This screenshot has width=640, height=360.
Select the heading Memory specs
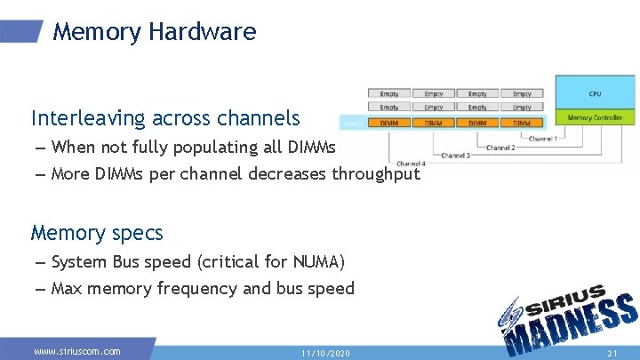(97, 233)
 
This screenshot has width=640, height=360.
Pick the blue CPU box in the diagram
(595, 92)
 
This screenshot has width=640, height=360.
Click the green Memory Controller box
(595, 117)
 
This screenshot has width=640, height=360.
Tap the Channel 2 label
(500, 148)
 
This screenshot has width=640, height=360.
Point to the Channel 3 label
(456, 156)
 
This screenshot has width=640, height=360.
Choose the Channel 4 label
(411, 164)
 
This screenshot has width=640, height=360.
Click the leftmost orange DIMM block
(389, 123)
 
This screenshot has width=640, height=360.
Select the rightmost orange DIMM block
(522, 123)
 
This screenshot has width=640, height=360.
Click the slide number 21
(612, 353)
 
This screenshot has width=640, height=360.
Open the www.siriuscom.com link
(77, 351)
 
